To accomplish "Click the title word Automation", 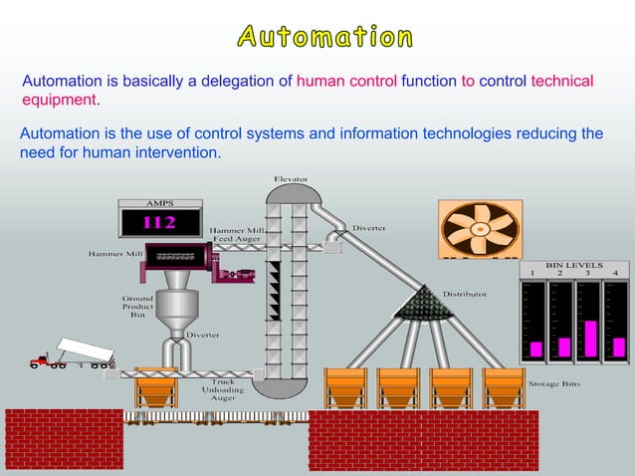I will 324,38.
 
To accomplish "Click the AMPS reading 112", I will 160,221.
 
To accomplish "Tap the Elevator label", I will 291,179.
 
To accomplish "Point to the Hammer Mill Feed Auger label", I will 237,235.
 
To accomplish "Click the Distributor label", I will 465,294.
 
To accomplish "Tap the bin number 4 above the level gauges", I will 615,273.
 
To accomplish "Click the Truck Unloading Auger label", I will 222,389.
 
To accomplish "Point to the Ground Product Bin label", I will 137,307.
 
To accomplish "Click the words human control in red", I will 346,81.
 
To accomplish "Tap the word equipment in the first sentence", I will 59,100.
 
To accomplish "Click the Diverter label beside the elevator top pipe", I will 369,228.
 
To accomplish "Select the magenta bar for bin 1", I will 535,349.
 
